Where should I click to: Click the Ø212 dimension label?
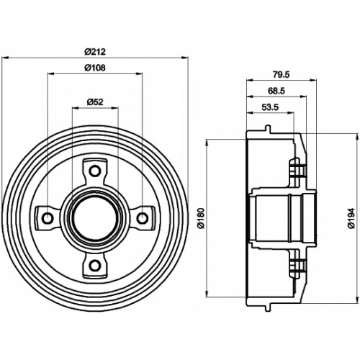click(x=95, y=52)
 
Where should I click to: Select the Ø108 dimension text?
click(x=95, y=68)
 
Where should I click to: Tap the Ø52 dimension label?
click(x=95, y=102)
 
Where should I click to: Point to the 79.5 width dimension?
click(x=282, y=75)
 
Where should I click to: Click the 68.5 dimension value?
click(x=276, y=91)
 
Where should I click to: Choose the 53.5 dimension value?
click(x=270, y=107)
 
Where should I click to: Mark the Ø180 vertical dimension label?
click(x=200, y=218)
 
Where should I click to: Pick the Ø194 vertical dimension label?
click(x=351, y=218)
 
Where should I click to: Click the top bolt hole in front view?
click(x=95, y=171)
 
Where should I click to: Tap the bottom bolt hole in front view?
click(x=95, y=266)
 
